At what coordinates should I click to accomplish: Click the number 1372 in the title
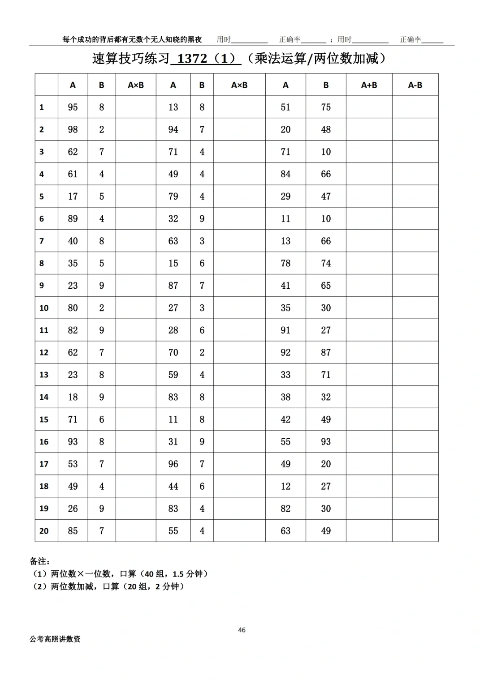(x=192, y=59)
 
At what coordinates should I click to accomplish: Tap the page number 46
(x=242, y=630)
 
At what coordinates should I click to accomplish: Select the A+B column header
(x=369, y=85)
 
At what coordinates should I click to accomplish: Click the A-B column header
(x=415, y=85)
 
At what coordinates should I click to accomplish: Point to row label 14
(x=44, y=397)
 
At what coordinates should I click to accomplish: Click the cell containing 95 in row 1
(x=73, y=107)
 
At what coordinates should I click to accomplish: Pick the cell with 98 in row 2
(x=73, y=130)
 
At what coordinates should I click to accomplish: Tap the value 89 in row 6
(x=73, y=219)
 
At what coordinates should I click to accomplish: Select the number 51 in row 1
(x=285, y=107)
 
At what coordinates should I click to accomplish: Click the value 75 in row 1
(x=326, y=107)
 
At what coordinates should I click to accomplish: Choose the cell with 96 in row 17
(x=173, y=464)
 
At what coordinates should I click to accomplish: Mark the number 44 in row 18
(x=173, y=487)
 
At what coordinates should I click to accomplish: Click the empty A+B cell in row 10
(x=369, y=308)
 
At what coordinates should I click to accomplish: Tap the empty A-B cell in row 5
(x=415, y=197)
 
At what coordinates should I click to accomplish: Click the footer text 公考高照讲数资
(x=55, y=639)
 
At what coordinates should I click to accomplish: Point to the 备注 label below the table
(x=40, y=561)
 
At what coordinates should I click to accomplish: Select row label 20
(x=44, y=531)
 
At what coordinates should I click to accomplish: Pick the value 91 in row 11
(x=285, y=330)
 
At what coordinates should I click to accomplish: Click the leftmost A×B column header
(x=136, y=85)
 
